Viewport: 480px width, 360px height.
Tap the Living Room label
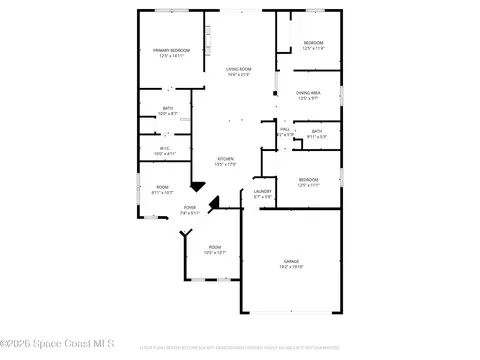tap(237, 69)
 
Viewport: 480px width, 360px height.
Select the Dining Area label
tap(308, 92)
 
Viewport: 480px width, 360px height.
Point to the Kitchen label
tap(227, 159)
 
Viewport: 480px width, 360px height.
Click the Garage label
tap(291, 261)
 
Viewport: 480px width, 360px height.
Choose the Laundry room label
tap(263, 191)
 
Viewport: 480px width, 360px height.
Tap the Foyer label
tap(190, 207)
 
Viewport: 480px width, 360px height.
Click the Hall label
tap(284, 129)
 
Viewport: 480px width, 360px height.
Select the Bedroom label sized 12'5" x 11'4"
tap(313, 42)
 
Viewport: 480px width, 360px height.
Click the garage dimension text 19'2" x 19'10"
tap(291, 267)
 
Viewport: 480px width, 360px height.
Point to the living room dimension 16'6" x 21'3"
tap(237, 75)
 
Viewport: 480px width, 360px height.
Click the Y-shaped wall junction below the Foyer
tap(184, 235)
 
